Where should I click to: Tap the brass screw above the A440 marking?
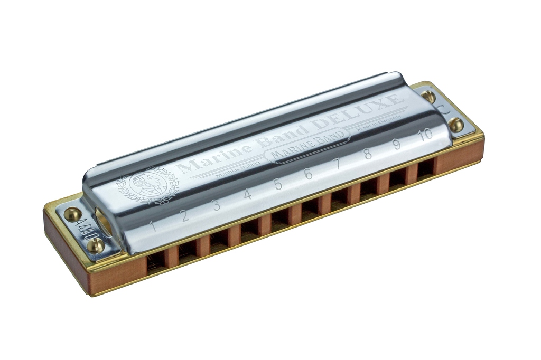tap(72, 214)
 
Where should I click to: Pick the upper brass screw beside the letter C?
tap(428, 96)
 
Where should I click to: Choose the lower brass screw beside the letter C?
tap(455, 125)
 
